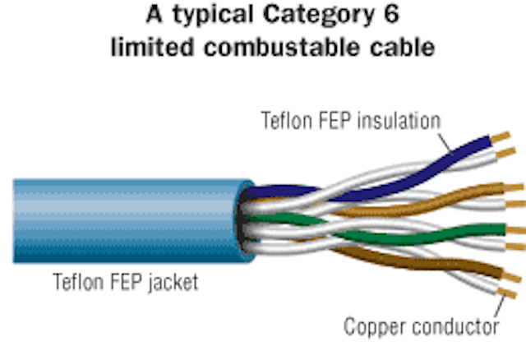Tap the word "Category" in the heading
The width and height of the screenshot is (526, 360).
click(x=319, y=15)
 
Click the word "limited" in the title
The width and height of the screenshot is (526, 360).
click(x=153, y=47)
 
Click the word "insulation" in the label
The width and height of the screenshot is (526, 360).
click(x=399, y=121)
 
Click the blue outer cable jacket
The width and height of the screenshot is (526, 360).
click(x=131, y=221)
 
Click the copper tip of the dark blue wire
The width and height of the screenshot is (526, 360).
click(x=501, y=137)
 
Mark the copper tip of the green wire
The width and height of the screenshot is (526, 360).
click(x=515, y=230)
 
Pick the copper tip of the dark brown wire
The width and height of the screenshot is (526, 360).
click(x=511, y=277)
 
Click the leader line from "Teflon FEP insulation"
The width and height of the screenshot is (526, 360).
click(x=445, y=145)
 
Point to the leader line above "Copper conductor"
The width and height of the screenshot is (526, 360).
click(x=501, y=306)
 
